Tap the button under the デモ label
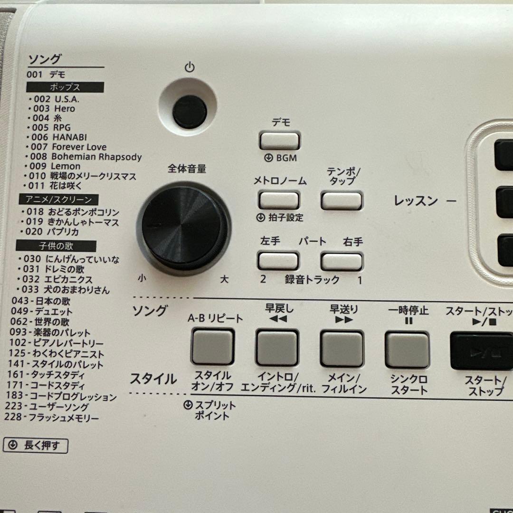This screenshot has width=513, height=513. coord(279,141)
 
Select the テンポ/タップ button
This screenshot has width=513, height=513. coord(342,200)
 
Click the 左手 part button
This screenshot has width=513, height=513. coord(278,261)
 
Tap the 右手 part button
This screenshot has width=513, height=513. coord(342,261)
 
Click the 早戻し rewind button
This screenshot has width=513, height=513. coord(277,348)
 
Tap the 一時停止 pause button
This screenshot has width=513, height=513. coord(407,350)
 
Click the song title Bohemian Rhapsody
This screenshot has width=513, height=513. coord(96,156)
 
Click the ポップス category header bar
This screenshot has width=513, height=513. coord(65,87)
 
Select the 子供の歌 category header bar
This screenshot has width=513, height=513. coord(56,246)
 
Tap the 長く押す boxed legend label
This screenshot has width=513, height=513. coord(36,446)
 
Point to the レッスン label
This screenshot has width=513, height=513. coord(416,200)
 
